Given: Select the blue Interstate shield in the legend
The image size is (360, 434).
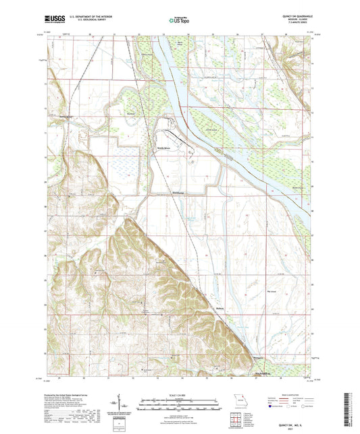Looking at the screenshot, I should (x=271, y=408).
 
